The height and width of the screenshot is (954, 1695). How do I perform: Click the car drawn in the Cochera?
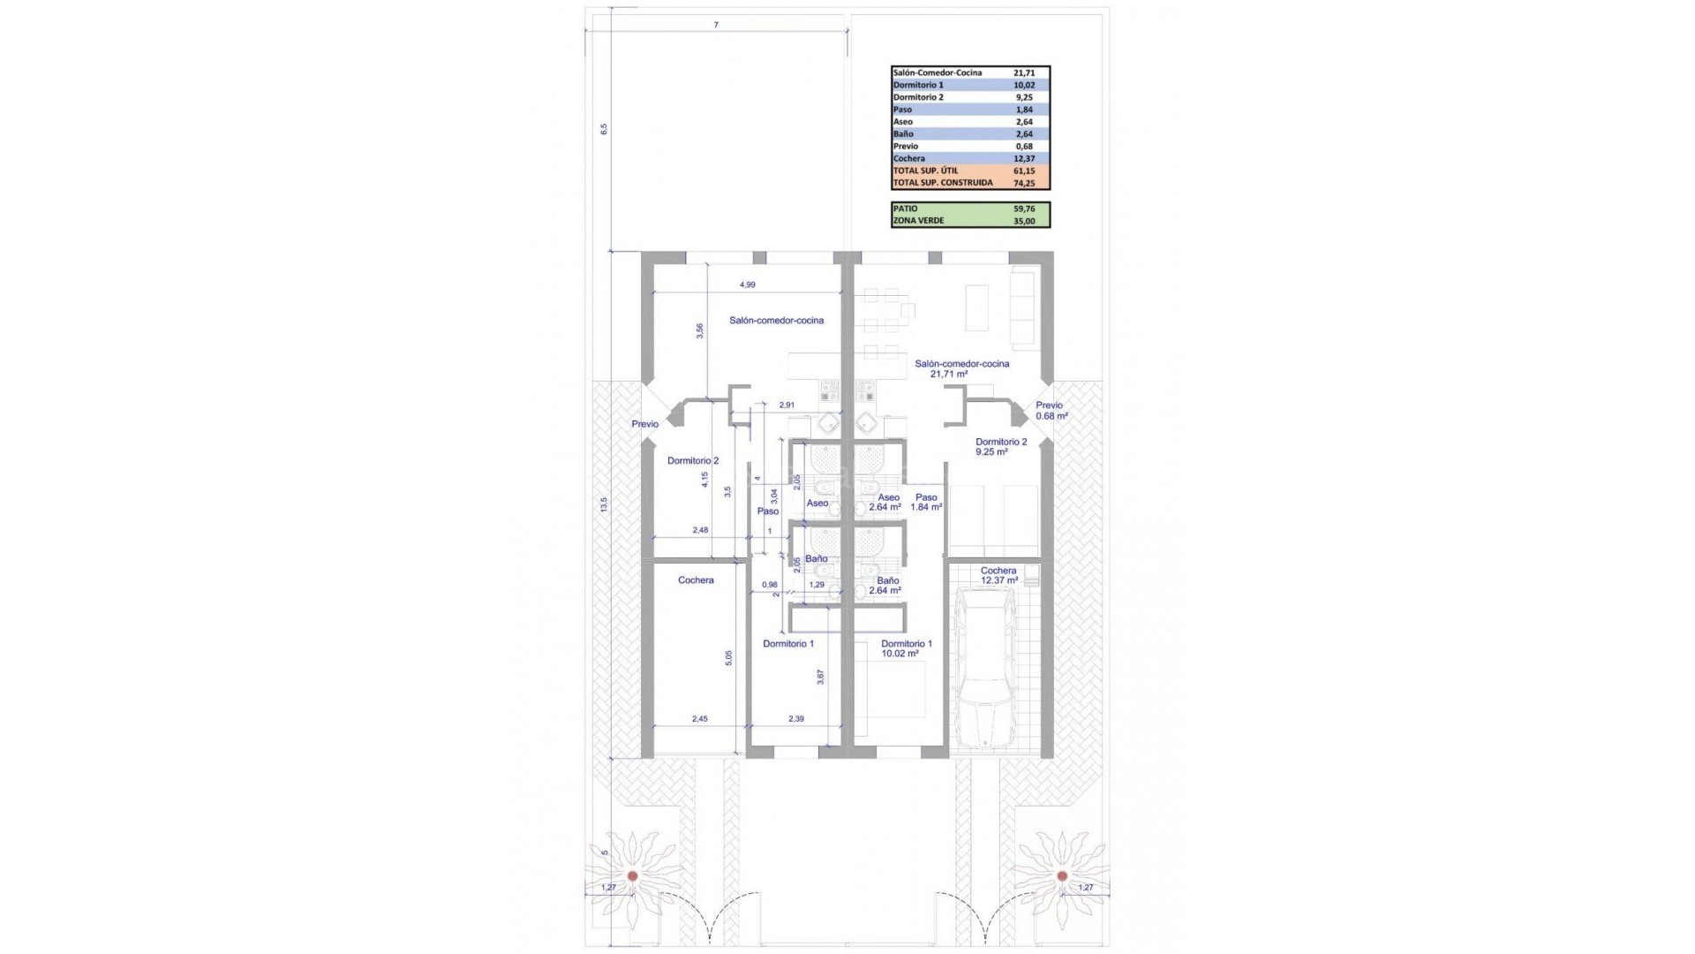pyautogui.click(x=986, y=670)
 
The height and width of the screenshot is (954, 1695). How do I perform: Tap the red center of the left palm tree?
pyautogui.click(x=633, y=875)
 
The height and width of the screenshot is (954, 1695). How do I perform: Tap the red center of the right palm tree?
pyautogui.click(x=1062, y=875)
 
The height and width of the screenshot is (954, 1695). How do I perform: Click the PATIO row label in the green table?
pyautogui.click(x=905, y=208)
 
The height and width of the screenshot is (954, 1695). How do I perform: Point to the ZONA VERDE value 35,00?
pyautogui.click(x=1024, y=221)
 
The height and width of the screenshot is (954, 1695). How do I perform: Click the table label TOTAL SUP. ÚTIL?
pyautogui.click(x=925, y=170)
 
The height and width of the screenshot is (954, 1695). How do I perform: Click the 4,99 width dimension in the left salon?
pyautogui.click(x=747, y=284)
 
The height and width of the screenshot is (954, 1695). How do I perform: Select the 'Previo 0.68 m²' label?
pyautogui.click(x=1051, y=410)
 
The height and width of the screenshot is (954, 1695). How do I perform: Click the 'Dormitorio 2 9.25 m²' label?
pyautogui.click(x=1000, y=446)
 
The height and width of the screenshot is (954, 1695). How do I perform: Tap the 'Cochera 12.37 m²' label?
pyautogui.click(x=998, y=575)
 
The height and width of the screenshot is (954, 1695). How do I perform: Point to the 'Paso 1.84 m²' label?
pyautogui.click(x=926, y=502)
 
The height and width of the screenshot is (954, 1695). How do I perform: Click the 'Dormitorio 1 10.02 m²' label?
pyautogui.click(x=906, y=648)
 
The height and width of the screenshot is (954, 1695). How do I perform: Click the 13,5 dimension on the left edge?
pyautogui.click(x=604, y=504)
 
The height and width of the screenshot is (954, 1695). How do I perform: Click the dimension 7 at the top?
pyautogui.click(x=716, y=25)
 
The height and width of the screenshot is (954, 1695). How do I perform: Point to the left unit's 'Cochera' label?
pyautogui.click(x=696, y=580)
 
